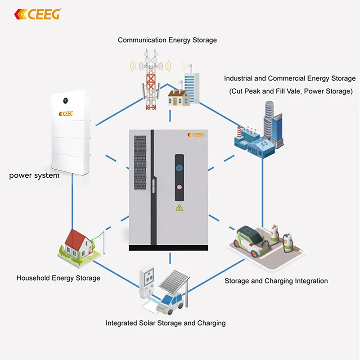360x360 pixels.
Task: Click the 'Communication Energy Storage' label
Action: pyautogui.click(x=167, y=40)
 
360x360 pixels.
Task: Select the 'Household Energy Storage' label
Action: pyautogui.click(x=58, y=278)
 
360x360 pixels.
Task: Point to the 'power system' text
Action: pyautogui.click(x=34, y=175)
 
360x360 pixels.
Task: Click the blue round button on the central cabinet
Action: pyautogui.click(x=178, y=168)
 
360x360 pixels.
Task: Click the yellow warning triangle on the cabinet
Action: pyautogui.click(x=179, y=207)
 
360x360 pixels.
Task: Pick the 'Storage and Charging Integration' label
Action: pyautogui.click(x=276, y=281)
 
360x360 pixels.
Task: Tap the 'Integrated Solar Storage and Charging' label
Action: pyautogui.click(x=166, y=323)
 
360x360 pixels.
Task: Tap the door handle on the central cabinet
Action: pyautogui.click(x=153, y=186)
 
